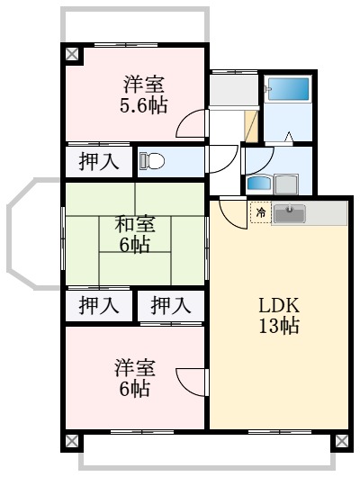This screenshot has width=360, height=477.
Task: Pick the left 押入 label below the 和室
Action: click(x=98, y=306)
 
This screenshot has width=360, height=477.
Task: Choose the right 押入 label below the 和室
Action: click(x=170, y=306)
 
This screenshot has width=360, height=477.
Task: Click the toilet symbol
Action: click(x=151, y=162)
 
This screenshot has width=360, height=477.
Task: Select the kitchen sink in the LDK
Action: click(x=289, y=213)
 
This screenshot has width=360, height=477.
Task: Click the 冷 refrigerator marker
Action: click(x=259, y=213)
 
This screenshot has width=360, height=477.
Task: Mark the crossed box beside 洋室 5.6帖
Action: click(x=72, y=54)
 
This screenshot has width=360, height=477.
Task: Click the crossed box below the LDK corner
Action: click(x=341, y=441)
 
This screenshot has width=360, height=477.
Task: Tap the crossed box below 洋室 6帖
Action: click(x=71, y=441)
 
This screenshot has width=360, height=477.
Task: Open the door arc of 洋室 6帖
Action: click(x=192, y=380)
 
